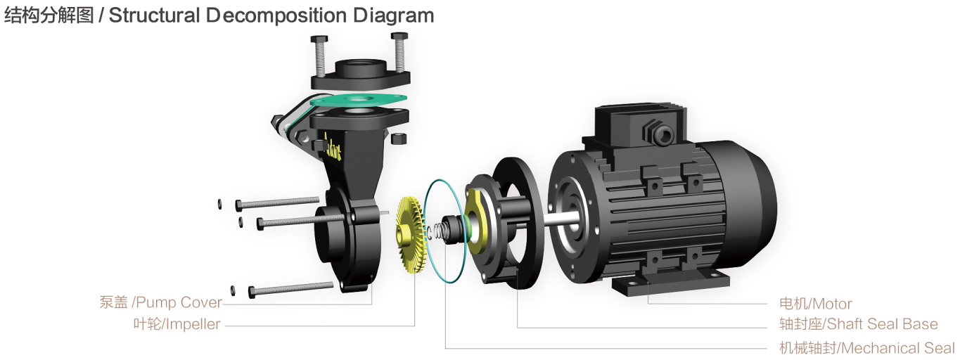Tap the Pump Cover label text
click(x=160, y=302)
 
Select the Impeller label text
click(x=177, y=324)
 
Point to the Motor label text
click(x=815, y=304)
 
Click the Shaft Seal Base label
click(x=859, y=324)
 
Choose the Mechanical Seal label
click(x=866, y=347)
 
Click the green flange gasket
click(x=357, y=101)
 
